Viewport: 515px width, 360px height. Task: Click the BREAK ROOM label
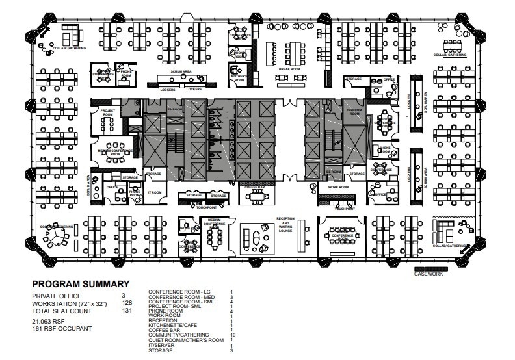[x=289, y=69]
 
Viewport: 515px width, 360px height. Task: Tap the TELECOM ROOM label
[x=354, y=111]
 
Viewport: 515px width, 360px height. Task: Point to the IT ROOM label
[x=154, y=192]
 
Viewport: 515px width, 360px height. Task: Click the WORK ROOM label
[x=339, y=187]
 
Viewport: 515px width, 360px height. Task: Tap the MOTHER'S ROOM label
[x=239, y=78]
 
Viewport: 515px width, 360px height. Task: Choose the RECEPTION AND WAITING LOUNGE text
[x=285, y=224]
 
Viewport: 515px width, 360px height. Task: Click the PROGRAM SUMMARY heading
[x=81, y=284]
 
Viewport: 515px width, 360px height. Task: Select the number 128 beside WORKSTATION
[x=127, y=303]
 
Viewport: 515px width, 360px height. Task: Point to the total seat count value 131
[x=127, y=311]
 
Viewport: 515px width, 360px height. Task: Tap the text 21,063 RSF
[x=50, y=321]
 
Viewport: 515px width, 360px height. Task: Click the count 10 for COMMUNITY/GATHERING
[x=231, y=335]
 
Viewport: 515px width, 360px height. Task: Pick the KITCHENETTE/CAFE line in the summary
[x=174, y=324]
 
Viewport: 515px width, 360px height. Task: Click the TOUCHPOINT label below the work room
[x=345, y=209]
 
